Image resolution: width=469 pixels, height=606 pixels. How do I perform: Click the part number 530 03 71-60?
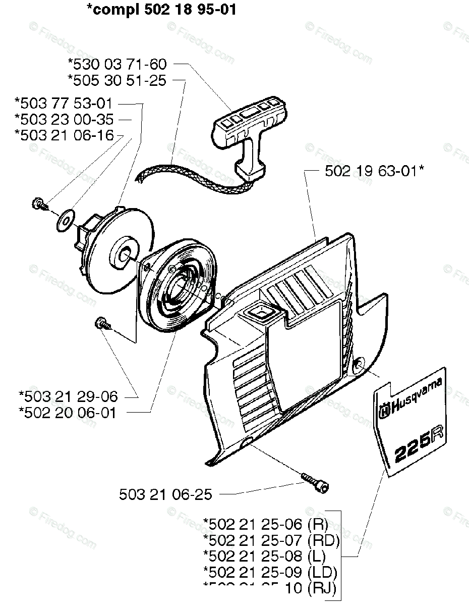[x=117, y=64]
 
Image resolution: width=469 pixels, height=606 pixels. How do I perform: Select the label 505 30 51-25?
[x=117, y=80]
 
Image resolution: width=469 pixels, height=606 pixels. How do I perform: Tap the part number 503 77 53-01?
[x=64, y=105]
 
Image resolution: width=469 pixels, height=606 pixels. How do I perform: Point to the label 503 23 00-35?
[x=64, y=120]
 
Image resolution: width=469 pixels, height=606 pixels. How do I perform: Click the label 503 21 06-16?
[x=64, y=135]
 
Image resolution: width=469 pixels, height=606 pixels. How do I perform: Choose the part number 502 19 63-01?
[x=373, y=171]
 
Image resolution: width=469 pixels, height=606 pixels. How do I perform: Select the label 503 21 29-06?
[x=68, y=396]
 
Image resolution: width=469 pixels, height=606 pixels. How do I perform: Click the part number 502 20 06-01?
[x=68, y=413]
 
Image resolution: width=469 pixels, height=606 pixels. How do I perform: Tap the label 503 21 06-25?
[x=166, y=494]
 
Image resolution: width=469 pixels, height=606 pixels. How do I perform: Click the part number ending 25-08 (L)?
[x=264, y=556]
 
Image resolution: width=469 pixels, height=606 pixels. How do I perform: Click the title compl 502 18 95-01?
[x=161, y=10]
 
